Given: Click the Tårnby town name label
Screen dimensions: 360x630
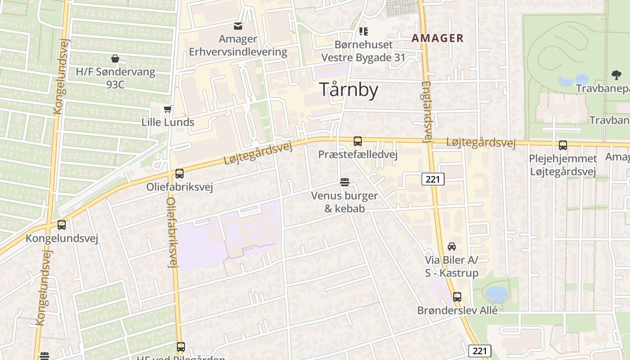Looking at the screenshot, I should click(x=349, y=90).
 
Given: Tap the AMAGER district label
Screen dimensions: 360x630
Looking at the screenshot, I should click(x=437, y=38).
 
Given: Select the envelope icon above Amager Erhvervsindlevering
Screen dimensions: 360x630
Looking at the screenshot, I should click(x=238, y=26).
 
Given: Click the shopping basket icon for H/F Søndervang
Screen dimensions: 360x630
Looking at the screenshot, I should click(x=115, y=58).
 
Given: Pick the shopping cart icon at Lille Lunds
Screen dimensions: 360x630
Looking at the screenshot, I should click(x=168, y=109).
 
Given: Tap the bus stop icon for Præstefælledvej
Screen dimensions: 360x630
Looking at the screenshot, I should click(x=358, y=141).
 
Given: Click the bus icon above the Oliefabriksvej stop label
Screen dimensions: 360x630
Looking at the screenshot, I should click(x=180, y=173).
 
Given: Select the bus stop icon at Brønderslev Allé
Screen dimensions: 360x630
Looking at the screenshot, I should click(x=457, y=297).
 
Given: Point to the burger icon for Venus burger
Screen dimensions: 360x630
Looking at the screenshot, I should click(x=345, y=182).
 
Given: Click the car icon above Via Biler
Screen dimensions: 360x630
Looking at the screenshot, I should click(x=452, y=246).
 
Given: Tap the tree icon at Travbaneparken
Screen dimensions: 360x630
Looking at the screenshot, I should click(x=616, y=75).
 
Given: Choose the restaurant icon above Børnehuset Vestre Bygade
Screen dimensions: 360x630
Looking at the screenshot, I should click(x=363, y=31).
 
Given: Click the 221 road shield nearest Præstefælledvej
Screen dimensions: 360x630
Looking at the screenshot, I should click(x=433, y=179).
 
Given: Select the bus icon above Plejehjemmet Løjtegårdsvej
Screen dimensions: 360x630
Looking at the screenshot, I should click(x=563, y=145).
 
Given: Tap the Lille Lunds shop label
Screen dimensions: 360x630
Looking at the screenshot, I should click(x=168, y=122).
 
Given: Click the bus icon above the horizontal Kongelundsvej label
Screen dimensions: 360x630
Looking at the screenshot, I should click(x=62, y=225).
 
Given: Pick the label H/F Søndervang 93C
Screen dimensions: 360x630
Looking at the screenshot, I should click(x=115, y=77).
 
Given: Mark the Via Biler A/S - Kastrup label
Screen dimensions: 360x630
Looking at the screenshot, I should click(x=452, y=266).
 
